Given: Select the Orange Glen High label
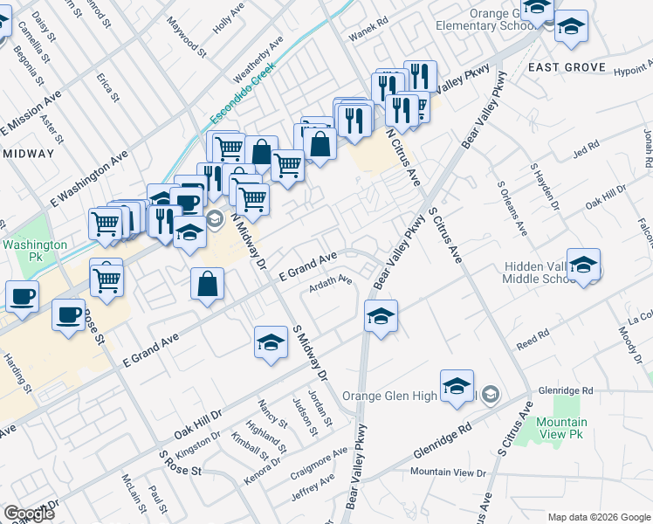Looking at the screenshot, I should [388, 396].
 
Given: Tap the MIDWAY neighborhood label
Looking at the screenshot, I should [28, 153].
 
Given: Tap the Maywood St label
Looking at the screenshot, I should [187, 36].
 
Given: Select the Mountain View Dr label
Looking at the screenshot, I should [448, 472].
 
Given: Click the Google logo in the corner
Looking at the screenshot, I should [30, 513].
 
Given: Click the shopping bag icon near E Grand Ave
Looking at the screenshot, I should [208, 284].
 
